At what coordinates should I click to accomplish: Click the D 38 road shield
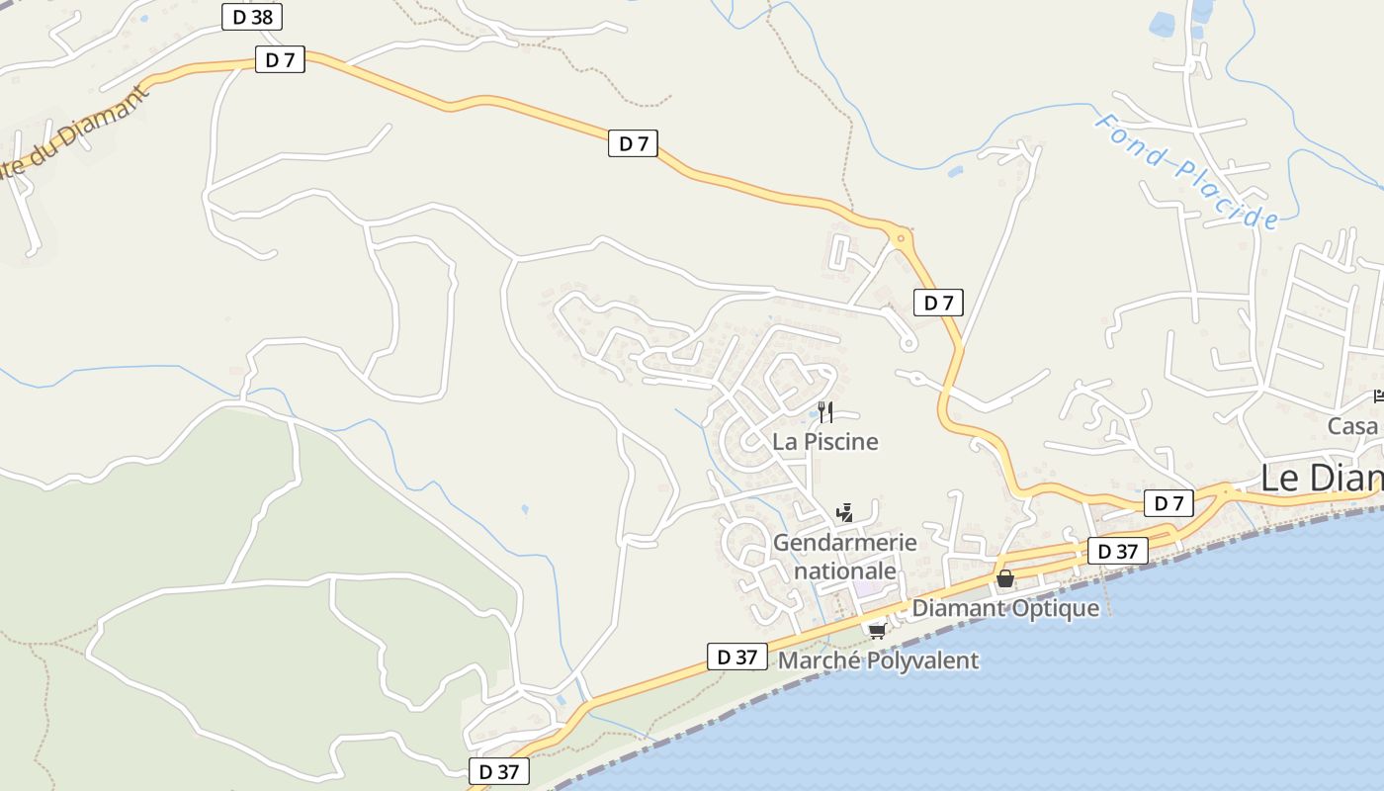252,17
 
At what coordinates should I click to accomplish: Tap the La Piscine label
825,441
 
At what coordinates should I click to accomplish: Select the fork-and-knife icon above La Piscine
825,411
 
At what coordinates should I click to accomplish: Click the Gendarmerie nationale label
844,557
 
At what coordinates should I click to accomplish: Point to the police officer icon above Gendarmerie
844,512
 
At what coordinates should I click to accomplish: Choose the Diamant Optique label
1004,608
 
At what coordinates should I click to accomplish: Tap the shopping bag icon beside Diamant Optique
1005,578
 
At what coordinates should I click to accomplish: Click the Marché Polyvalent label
879,660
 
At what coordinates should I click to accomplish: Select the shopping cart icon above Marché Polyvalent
876,630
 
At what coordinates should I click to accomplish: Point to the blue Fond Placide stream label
1186,171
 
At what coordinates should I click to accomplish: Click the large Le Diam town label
1321,478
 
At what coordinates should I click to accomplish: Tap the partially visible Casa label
1353,426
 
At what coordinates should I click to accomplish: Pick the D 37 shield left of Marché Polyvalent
736,657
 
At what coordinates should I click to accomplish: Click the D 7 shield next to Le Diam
1168,503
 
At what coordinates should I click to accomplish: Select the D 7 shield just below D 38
280,60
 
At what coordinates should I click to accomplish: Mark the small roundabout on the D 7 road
900,237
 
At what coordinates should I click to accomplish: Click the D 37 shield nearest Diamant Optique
1118,551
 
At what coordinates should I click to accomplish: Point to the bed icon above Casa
1378,396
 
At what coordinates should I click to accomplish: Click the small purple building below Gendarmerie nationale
866,587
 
